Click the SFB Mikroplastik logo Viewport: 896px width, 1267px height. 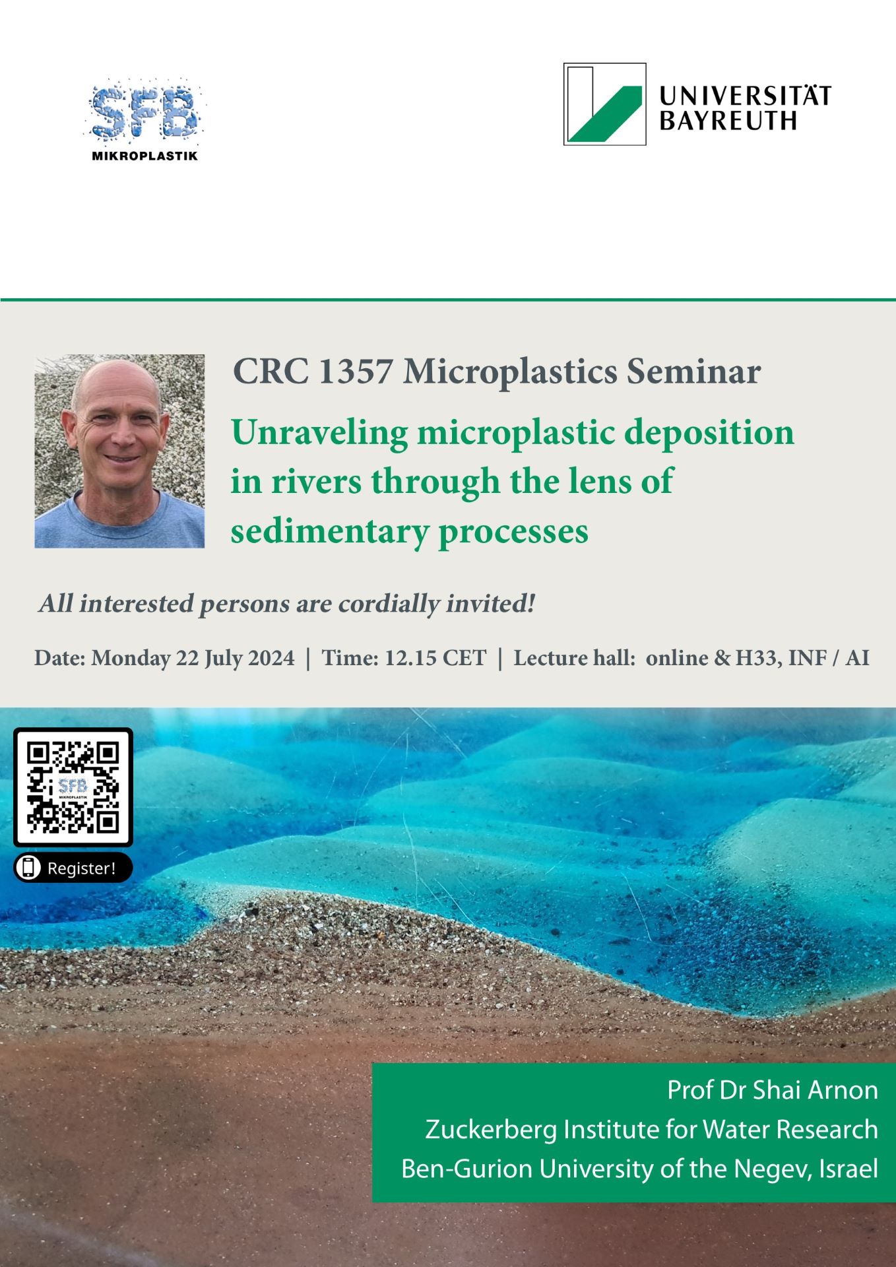coord(144,121)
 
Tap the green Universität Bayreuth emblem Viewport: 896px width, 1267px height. coord(604,104)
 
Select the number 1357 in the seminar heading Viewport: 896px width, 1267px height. coord(355,371)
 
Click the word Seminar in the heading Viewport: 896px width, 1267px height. coord(693,371)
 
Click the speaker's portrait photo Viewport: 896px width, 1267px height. coord(119,451)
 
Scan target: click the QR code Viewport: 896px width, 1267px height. coord(73,787)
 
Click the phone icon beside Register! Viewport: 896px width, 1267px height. coord(28,867)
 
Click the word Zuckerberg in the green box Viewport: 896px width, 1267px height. coord(490,1130)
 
